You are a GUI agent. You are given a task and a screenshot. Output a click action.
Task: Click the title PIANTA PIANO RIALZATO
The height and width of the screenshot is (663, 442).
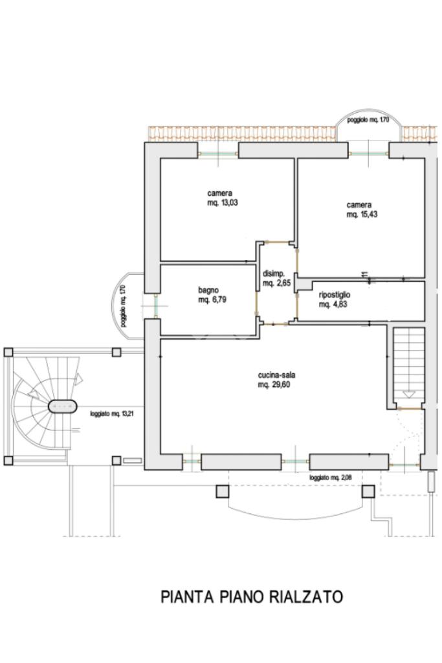(252, 597)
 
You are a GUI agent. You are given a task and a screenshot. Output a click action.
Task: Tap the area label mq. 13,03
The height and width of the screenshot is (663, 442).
(223, 203)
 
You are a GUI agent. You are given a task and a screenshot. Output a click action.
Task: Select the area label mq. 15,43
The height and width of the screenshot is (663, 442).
(362, 214)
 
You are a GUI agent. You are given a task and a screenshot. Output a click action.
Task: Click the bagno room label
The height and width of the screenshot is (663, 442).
(208, 290)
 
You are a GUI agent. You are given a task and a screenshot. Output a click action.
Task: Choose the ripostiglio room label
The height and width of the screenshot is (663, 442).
(335, 295)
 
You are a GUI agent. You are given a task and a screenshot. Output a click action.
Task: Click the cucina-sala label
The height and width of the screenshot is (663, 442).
(276, 375)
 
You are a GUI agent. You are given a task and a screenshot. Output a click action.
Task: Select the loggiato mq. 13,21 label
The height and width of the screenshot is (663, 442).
(112, 414)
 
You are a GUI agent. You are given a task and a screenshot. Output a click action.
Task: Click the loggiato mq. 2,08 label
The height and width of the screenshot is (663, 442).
(330, 478)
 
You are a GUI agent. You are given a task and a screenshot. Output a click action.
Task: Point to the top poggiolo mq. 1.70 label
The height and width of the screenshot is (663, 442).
(368, 120)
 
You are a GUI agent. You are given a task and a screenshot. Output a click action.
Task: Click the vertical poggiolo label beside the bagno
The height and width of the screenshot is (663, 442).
(122, 306)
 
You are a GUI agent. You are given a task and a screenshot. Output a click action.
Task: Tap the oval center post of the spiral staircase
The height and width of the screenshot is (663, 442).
(63, 406)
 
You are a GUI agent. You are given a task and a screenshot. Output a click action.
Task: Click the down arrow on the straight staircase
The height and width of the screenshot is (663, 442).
(408, 395)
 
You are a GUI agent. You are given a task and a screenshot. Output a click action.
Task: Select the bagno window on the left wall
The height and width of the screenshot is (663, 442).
(156, 306)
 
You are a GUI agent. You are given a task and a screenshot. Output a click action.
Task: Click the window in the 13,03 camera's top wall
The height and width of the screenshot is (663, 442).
(218, 154)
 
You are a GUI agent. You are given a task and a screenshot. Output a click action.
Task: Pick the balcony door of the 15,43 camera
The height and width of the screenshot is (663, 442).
(368, 154)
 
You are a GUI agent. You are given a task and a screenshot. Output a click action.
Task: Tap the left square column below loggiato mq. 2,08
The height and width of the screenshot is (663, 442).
(223, 491)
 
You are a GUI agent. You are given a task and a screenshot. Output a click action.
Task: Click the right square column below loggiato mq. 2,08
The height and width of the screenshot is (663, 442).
(368, 491)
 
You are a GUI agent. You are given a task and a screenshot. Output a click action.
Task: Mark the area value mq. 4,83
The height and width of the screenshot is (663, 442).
(333, 305)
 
